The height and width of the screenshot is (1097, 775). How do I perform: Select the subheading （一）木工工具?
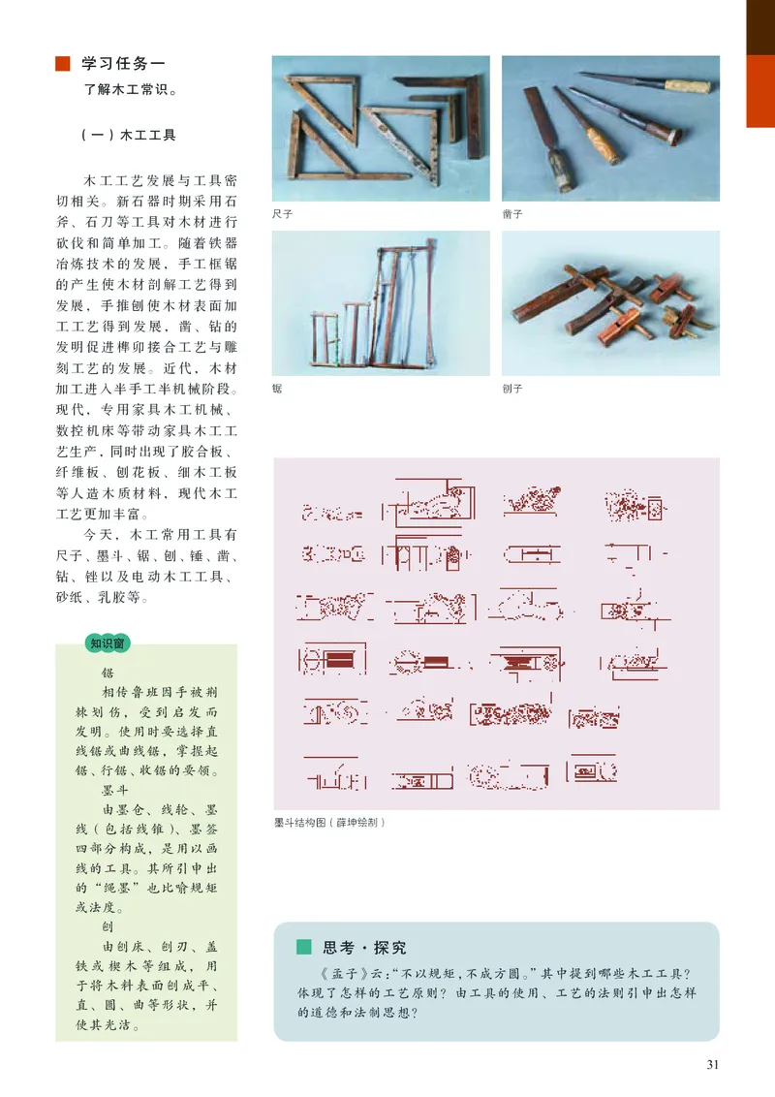click(128, 136)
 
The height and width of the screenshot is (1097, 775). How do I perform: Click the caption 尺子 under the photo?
click(282, 214)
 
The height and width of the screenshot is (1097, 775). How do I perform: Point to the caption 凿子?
click(512, 214)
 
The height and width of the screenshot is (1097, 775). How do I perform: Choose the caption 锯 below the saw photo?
click(277, 389)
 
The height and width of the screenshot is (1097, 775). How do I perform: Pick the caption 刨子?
click(512, 389)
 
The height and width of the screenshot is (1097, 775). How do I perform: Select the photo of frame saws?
click(381, 302)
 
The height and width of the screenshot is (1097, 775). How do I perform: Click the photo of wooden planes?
click(610, 302)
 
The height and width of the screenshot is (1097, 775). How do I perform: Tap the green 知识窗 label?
click(110, 642)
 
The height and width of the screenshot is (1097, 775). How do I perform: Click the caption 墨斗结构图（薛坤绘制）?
click(329, 823)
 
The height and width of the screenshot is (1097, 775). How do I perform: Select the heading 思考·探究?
click(364, 948)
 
